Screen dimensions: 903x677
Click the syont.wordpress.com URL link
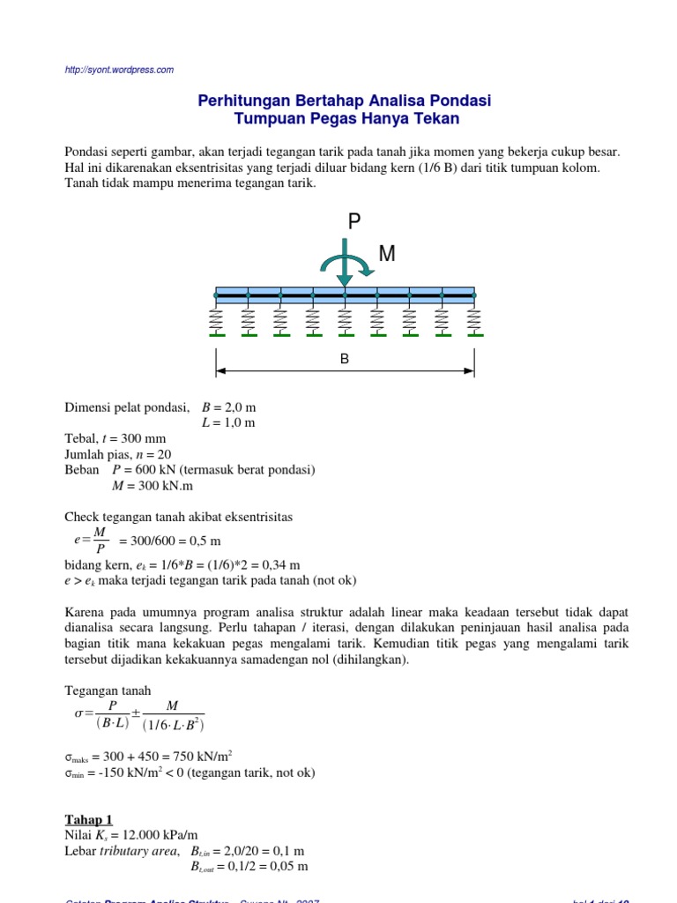(x=120, y=70)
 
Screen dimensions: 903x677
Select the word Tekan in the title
(x=438, y=119)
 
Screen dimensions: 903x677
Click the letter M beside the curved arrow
(x=386, y=254)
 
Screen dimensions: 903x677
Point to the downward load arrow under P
(x=346, y=273)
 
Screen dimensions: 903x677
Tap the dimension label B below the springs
(x=345, y=360)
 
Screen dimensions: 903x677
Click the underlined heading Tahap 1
(x=89, y=819)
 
